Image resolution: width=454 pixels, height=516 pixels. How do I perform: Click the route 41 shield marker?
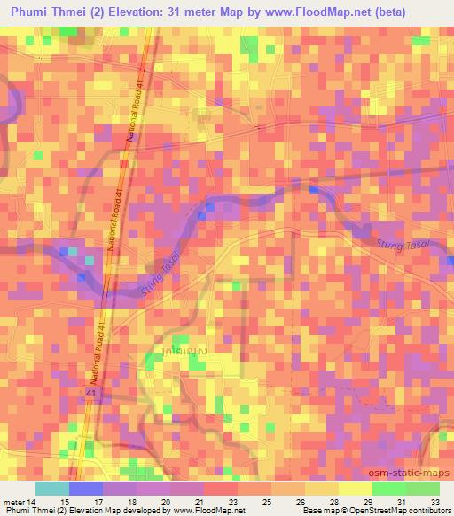91,391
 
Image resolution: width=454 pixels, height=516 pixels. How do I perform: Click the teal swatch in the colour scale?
51,489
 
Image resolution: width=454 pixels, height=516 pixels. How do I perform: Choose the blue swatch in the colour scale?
85,489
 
